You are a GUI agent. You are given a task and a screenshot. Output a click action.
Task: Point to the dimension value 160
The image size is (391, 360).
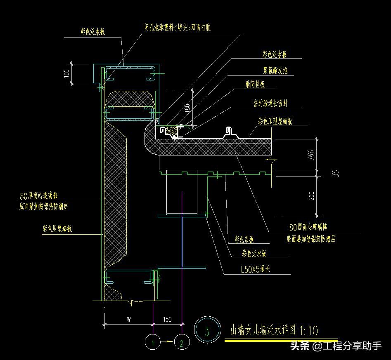click(x=311, y=154)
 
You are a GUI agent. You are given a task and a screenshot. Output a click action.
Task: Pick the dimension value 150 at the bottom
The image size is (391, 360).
click(x=167, y=319)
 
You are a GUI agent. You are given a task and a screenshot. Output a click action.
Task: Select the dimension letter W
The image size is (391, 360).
click(x=128, y=319)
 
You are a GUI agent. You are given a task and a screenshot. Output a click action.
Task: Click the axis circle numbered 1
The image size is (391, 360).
click(x=153, y=342)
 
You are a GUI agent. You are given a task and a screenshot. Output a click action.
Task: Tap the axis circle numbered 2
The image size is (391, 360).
click(x=182, y=342)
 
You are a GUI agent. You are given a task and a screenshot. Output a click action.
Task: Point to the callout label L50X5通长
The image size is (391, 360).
click(x=256, y=270)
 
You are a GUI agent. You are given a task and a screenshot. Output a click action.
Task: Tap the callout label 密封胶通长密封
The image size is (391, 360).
click(x=270, y=103)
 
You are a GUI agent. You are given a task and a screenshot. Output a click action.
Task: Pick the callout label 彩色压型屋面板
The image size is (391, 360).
click(x=275, y=121)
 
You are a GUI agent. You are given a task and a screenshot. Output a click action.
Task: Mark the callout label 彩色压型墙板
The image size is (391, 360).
click(x=57, y=229)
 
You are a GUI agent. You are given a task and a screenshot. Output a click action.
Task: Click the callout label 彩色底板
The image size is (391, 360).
click(x=244, y=239)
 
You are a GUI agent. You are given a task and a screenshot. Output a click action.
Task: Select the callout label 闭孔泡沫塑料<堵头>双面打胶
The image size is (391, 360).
click(x=177, y=28)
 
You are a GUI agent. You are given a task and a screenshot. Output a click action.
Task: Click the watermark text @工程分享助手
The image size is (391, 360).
click(x=347, y=346)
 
